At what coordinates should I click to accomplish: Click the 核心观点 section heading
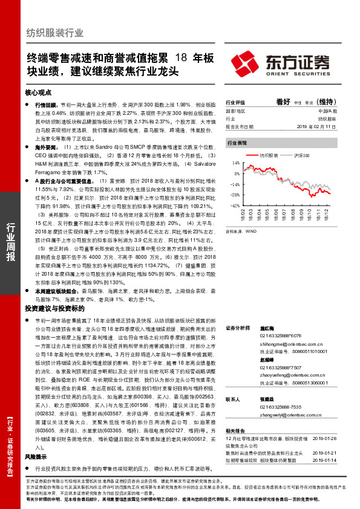39,93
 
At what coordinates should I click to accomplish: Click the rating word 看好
283,102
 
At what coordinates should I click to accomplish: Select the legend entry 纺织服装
269,156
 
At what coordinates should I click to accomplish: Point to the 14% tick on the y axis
235,163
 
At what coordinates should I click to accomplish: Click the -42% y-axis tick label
234,206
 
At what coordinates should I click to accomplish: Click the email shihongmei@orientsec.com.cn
290,342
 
